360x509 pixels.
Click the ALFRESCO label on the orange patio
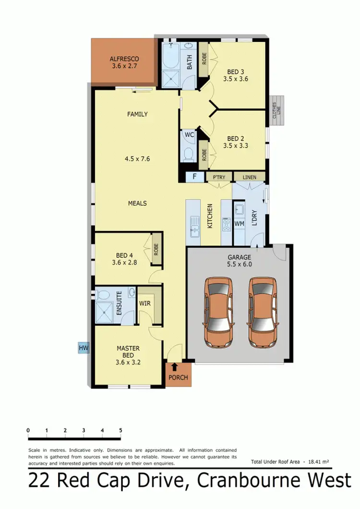123,59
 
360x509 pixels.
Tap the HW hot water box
84,347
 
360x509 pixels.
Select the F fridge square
194,176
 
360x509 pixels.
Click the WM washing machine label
240,223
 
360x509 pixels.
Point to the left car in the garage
219,312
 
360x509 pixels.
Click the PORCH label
178,377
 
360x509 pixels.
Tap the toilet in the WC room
189,153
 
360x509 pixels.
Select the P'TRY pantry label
219,177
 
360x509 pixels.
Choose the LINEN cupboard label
250,177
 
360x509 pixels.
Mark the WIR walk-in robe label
145,303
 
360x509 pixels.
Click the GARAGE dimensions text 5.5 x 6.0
240,264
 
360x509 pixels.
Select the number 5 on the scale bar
120,430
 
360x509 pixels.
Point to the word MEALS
137,203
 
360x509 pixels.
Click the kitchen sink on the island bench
195,226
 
